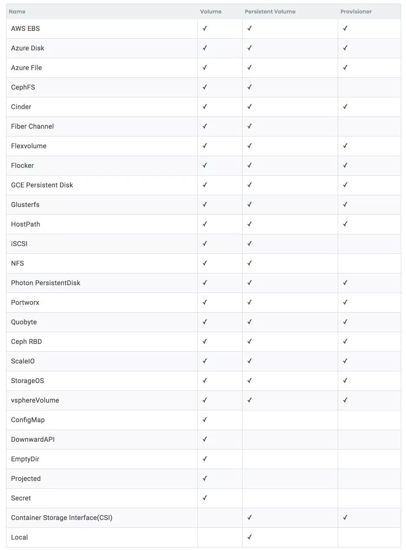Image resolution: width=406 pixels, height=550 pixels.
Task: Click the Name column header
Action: click(x=17, y=12)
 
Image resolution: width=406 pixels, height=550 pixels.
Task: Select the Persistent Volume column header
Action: click(x=270, y=12)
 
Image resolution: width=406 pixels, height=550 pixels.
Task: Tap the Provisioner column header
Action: click(x=356, y=12)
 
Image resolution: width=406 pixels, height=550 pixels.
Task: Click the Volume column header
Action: click(x=210, y=12)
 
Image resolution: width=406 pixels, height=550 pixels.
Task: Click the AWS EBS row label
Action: click(x=25, y=29)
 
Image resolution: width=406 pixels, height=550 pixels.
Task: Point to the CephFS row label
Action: click(x=23, y=87)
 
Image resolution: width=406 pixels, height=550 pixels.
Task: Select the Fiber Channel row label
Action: click(x=33, y=127)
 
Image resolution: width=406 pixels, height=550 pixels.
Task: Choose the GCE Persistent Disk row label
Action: click(x=42, y=185)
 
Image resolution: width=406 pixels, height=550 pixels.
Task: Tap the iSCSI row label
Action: click(x=19, y=244)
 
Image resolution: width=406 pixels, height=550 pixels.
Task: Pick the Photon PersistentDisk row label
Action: click(x=46, y=283)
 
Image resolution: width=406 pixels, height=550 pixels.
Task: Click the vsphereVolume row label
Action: click(x=35, y=400)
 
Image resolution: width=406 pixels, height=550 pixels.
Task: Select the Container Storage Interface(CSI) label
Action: click(x=62, y=518)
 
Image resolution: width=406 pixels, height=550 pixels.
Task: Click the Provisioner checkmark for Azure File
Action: click(x=345, y=67)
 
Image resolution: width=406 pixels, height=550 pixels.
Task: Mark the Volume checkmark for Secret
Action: click(x=205, y=498)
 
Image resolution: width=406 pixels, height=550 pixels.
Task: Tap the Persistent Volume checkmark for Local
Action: click(x=250, y=537)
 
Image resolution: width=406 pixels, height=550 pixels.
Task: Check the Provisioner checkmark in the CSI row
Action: click(x=345, y=517)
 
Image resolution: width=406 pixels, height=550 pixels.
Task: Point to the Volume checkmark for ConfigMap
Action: click(x=205, y=420)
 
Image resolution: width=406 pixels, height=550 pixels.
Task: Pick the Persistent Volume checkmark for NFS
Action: click(x=250, y=263)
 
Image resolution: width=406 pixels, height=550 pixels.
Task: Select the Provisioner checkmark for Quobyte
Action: click(x=345, y=322)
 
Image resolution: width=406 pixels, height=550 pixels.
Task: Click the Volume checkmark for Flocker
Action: click(x=205, y=165)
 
